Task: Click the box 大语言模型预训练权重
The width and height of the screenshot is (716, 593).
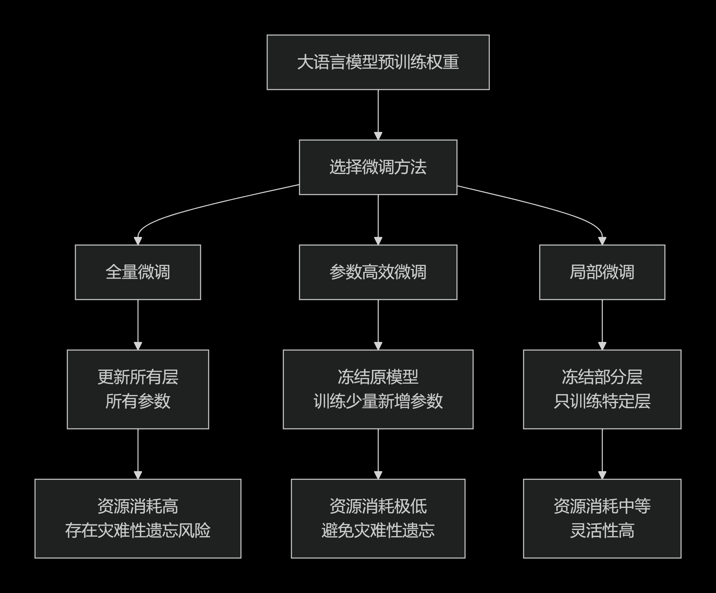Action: click(x=378, y=62)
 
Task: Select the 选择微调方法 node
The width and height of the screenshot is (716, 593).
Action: click(x=378, y=167)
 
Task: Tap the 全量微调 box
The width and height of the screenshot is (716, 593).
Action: click(x=138, y=272)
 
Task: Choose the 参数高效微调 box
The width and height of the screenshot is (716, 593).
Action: click(x=378, y=272)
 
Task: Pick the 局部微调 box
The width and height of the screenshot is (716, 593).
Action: click(x=602, y=272)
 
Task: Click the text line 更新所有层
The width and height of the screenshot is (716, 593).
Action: click(x=138, y=377)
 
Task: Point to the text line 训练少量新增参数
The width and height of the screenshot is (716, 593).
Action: click(x=378, y=402)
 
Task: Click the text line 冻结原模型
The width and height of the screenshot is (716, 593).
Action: click(x=378, y=377)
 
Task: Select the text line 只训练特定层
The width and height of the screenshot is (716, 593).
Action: click(x=602, y=402)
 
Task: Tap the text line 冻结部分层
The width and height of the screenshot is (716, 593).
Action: click(x=602, y=377)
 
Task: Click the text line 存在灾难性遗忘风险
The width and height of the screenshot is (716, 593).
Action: click(x=138, y=531)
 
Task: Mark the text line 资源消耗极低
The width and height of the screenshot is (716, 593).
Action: click(x=378, y=507)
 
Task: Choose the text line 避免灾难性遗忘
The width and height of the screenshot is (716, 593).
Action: click(x=378, y=531)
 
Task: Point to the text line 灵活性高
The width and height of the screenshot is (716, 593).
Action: click(x=602, y=531)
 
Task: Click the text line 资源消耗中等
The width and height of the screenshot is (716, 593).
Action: click(x=602, y=507)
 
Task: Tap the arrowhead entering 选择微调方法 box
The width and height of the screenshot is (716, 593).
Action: click(x=378, y=136)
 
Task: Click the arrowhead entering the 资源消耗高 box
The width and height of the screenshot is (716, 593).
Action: click(x=138, y=475)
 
